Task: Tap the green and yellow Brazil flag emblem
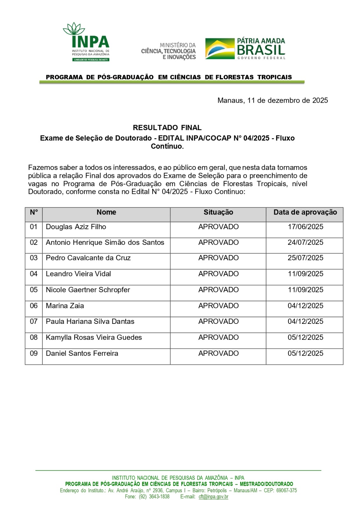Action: pos(220,49)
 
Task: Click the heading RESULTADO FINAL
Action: pos(167,128)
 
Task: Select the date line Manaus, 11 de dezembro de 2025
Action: pos(272,100)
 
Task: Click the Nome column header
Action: pos(106,212)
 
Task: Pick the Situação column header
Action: pos(218,212)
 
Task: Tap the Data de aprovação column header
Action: pos(305,212)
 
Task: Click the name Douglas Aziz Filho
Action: pos(76,227)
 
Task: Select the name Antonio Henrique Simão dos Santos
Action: pos(105,243)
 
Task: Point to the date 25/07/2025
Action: pos(305,258)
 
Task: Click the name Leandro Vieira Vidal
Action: pos(78,274)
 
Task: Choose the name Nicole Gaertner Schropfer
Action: pos(88,290)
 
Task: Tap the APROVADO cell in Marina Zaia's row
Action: pos(218,306)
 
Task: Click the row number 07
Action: pos(34,321)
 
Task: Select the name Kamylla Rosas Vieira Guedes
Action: pos(94,337)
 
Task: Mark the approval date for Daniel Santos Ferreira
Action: pos(305,353)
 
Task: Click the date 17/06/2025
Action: pos(305,227)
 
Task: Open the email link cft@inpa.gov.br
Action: pos(213,497)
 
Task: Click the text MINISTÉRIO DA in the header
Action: pos(177,45)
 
